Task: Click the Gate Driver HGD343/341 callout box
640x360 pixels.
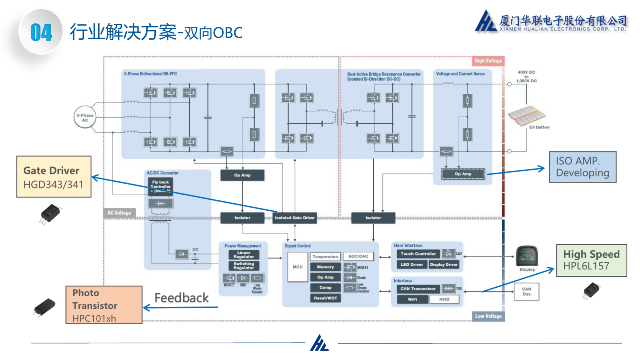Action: tap(54, 177)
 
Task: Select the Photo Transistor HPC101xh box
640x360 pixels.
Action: tap(104, 305)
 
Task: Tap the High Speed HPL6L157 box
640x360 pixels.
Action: tap(591, 260)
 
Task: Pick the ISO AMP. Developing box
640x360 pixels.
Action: tap(582, 167)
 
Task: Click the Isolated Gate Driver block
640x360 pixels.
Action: tap(294, 218)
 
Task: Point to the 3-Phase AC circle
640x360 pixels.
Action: tap(85, 118)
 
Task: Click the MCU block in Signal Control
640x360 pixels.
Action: tap(297, 267)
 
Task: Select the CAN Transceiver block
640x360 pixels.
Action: tap(418, 289)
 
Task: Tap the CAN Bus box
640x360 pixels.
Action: tap(526, 292)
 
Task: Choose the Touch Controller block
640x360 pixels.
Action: tap(418, 254)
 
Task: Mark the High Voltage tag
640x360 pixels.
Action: tap(488, 61)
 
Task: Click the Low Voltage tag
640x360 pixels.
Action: tap(488, 316)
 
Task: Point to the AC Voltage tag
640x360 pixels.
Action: tap(119, 213)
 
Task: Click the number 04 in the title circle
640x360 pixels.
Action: tap(41, 32)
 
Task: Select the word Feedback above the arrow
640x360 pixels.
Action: tap(181, 298)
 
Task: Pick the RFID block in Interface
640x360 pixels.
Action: tap(444, 299)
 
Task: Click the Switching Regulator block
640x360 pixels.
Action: tap(244, 266)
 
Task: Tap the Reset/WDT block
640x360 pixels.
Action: tap(325, 298)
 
